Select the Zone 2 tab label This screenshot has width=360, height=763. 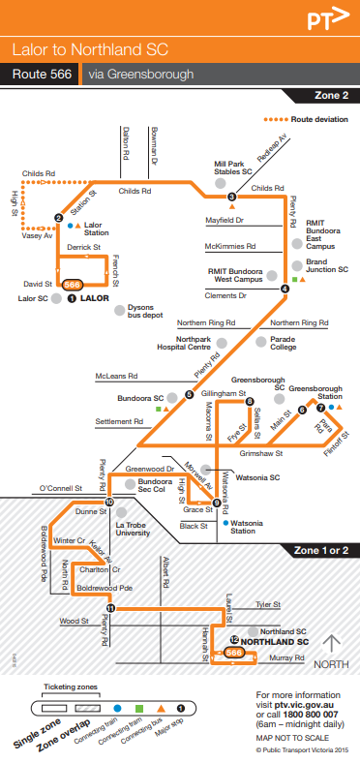point(332,95)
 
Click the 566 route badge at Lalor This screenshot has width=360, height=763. point(72,284)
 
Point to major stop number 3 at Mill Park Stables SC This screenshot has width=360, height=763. point(232,198)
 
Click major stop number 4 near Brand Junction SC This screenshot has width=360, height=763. point(285,288)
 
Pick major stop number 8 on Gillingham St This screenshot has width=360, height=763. point(223,401)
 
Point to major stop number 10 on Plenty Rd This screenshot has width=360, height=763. point(109,502)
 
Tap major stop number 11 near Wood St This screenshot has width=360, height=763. point(110,608)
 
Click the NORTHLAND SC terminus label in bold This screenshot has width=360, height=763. point(275,641)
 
